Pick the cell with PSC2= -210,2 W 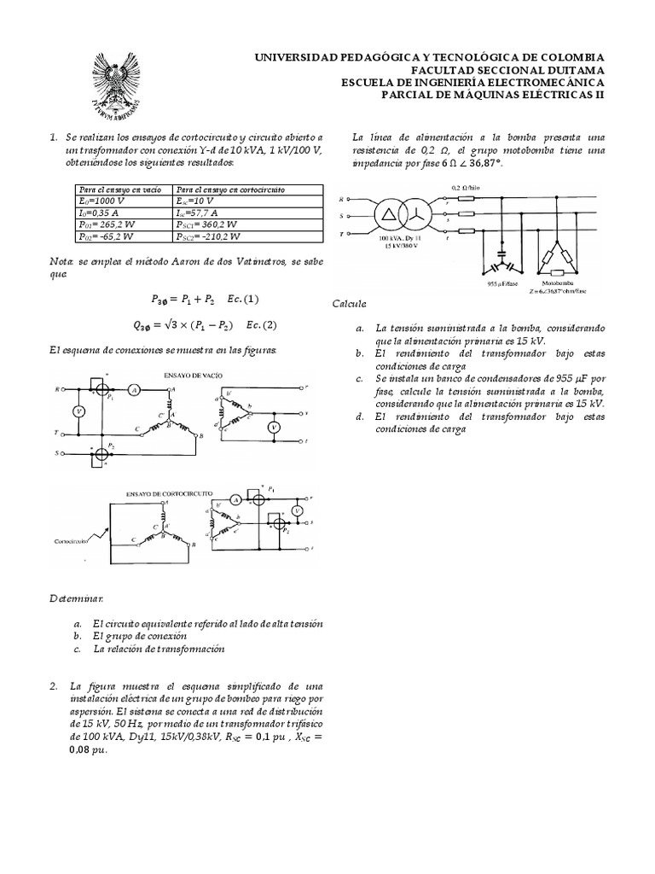pyautogui.click(x=210, y=236)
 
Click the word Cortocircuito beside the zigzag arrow pyautogui.click(x=73, y=541)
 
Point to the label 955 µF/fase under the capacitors pyautogui.click(x=490, y=280)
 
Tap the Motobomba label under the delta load pyautogui.click(x=557, y=280)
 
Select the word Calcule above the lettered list pyautogui.click(x=350, y=304)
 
